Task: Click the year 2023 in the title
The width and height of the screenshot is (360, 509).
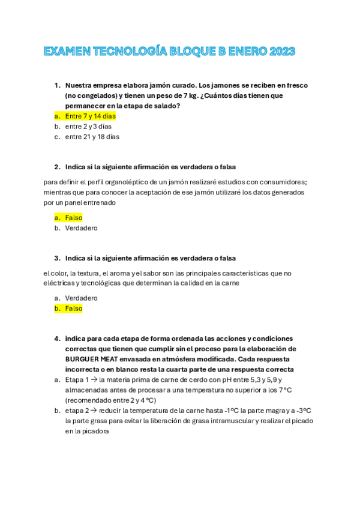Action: tap(279, 52)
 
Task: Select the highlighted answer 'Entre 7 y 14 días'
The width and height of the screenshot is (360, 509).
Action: tap(91, 116)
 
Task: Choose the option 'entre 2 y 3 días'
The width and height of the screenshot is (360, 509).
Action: tap(88, 126)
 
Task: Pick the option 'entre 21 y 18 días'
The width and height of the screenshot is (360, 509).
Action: tap(92, 136)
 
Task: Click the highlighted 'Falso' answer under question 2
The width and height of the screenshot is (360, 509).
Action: tap(74, 218)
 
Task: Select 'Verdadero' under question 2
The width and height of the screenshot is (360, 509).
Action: tap(81, 228)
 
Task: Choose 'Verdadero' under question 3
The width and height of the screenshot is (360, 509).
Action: tap(81, 298)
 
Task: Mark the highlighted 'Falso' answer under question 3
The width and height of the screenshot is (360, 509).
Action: tap(74, 309)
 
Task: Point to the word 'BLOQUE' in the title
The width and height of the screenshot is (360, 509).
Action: tap(191, 52)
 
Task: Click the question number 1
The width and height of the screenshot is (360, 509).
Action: tap(57, 85)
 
